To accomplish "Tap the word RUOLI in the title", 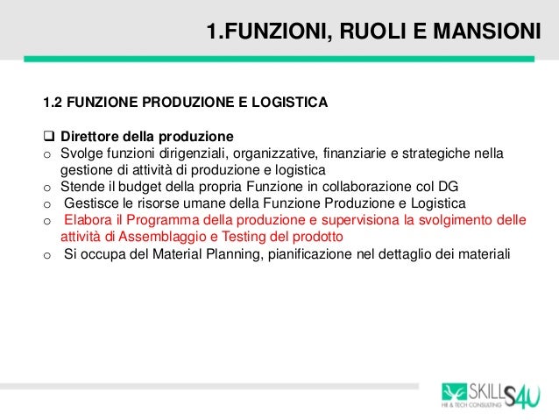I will click(364, 34).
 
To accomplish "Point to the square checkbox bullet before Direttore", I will click(48, 138).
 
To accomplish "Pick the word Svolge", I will click(81, 153).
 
